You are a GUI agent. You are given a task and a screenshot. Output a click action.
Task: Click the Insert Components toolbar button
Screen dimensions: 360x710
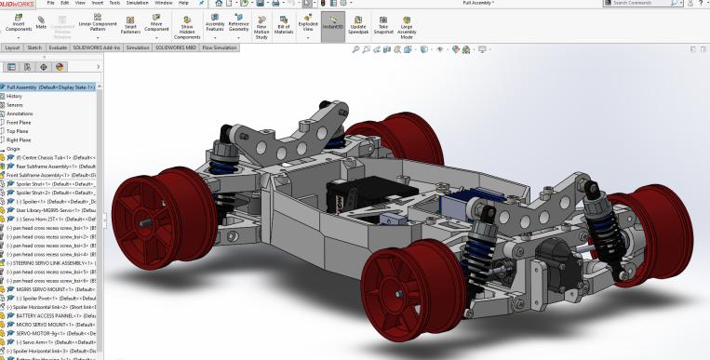[19, 24]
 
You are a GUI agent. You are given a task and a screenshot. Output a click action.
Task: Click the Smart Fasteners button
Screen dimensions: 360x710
[129, 24]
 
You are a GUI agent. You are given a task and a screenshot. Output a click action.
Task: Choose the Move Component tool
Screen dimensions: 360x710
[154, 24]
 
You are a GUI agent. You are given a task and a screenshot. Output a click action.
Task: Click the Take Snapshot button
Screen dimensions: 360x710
[382, 24]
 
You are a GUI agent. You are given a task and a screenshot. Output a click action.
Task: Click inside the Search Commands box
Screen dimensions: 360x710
[642, 4]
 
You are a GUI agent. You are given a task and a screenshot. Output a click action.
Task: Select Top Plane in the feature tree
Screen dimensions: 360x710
[19, 131]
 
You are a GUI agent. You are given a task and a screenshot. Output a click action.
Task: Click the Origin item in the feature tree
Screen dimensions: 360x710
[14, 149]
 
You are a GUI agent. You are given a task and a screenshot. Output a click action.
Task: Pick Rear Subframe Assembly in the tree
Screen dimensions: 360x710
[51, 167]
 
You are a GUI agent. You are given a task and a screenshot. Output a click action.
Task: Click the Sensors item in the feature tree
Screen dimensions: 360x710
[15, 105]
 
